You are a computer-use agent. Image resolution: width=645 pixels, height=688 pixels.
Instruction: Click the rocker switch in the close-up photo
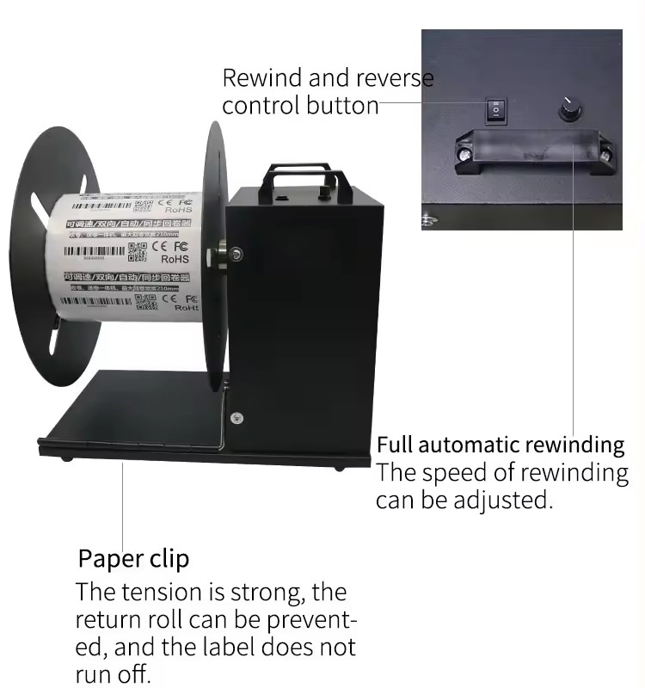[495, 109]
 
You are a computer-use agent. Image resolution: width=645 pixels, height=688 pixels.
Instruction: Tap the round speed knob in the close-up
[568, 108]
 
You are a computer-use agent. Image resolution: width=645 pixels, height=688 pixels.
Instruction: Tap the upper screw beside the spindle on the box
[236, 253]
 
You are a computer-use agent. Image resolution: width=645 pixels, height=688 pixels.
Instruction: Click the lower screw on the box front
[236, 418]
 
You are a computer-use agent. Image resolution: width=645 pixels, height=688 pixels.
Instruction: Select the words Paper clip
[133, 558]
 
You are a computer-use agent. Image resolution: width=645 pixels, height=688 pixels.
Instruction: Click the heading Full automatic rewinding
[501, 445]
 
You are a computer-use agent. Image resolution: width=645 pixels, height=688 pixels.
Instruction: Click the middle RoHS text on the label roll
[175, 258]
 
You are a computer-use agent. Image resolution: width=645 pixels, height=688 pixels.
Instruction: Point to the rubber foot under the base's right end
[341, 468]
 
